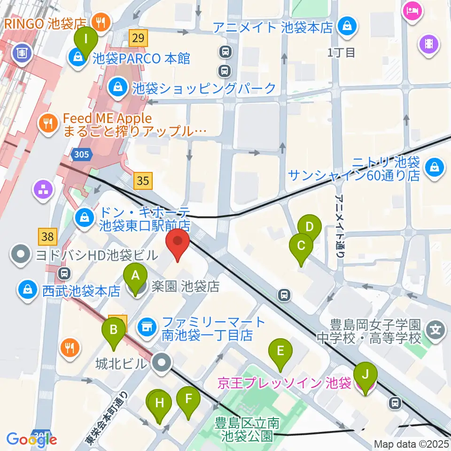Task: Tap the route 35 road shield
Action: coord(144,179)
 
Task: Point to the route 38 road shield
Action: coord(47,237)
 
